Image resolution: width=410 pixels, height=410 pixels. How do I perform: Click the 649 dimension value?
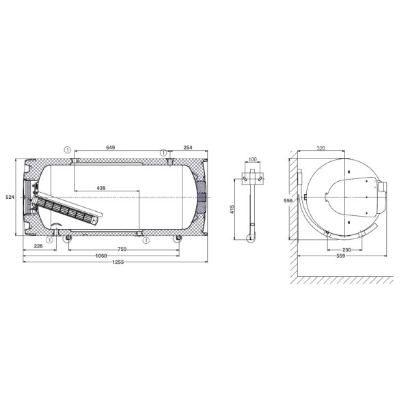[x=110, y=148]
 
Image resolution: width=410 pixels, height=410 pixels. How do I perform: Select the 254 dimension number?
[x=188, y=148]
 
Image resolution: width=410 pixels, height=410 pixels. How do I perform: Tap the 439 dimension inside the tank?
[x=101, y=188]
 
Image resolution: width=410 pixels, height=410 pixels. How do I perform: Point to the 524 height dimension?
[x=10, y=197]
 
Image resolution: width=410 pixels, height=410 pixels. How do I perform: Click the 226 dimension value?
[x=38, y=246]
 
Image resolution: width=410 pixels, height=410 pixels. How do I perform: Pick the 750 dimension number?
[x=122, y=249]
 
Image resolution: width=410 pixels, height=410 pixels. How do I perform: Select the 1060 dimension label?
[x=101, y=256]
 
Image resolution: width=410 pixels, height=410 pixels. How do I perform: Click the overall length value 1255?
[x=118, y=262]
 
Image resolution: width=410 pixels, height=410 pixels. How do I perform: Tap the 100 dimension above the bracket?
[x=253, y=159]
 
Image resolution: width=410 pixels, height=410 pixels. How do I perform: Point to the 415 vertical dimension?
[x=232, y=209]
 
